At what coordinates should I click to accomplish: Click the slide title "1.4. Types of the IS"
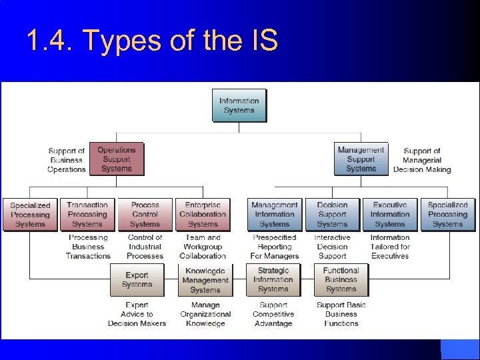point(151,41)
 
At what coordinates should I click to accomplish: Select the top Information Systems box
point(239,105)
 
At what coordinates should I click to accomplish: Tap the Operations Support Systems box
point(116,159)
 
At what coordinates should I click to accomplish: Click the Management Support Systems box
point(361,159)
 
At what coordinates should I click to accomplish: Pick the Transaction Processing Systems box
point(87,214)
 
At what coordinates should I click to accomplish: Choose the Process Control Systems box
point(145,214)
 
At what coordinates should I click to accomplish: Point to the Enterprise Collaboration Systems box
point(203,214)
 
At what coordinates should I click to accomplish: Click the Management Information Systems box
point(274,214)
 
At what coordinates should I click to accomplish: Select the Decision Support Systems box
point(332,214)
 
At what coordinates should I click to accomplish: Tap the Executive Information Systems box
point(390,214)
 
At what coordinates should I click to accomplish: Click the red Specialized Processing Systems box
point(30,215)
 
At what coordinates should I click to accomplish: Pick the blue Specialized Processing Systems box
point(447,214)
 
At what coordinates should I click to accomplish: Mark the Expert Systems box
point(137,279)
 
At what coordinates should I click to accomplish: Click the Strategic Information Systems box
point(273,279)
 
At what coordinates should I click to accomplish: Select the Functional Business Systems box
point(341,279)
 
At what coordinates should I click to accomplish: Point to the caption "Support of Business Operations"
point(67,160)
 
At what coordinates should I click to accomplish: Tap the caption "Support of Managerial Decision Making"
point(422,160)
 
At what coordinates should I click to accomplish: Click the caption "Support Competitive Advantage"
point(273,314)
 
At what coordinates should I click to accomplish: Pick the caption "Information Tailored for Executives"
point(390,247)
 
